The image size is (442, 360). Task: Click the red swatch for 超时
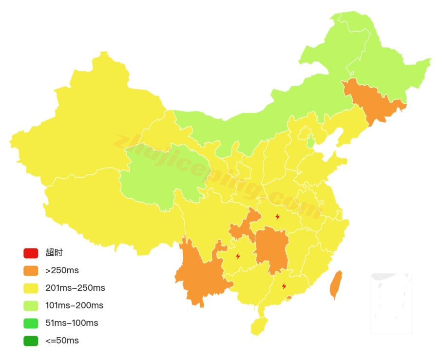(30, 253)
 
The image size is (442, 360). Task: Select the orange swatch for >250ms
(30, 270)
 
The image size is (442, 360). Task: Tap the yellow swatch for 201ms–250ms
(30, 288)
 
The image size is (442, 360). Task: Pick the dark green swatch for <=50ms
(30, 341)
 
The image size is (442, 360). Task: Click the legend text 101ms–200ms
(74, 305)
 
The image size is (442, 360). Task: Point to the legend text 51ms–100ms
(72, 323)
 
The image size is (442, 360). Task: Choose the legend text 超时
(54, 253)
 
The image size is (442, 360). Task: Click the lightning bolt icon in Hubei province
(277, 217)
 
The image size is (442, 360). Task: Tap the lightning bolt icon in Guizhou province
(238, 256)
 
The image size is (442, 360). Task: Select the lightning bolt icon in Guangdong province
(284, 286)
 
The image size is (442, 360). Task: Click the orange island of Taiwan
(335, 285)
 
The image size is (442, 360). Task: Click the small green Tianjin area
(311, 141)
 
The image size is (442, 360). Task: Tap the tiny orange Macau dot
(289, 297)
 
